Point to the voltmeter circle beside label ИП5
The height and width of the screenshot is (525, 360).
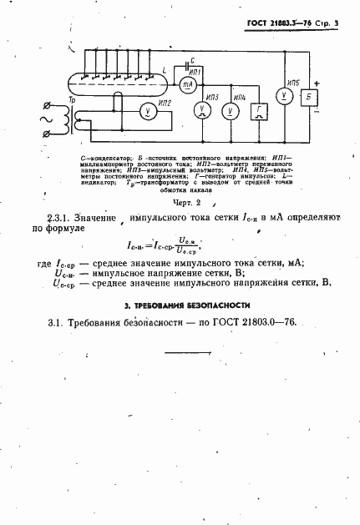[x=285, y=97]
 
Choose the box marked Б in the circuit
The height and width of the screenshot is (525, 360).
[x=311, y=97]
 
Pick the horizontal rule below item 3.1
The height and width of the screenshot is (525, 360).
[x=190, y=353]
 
